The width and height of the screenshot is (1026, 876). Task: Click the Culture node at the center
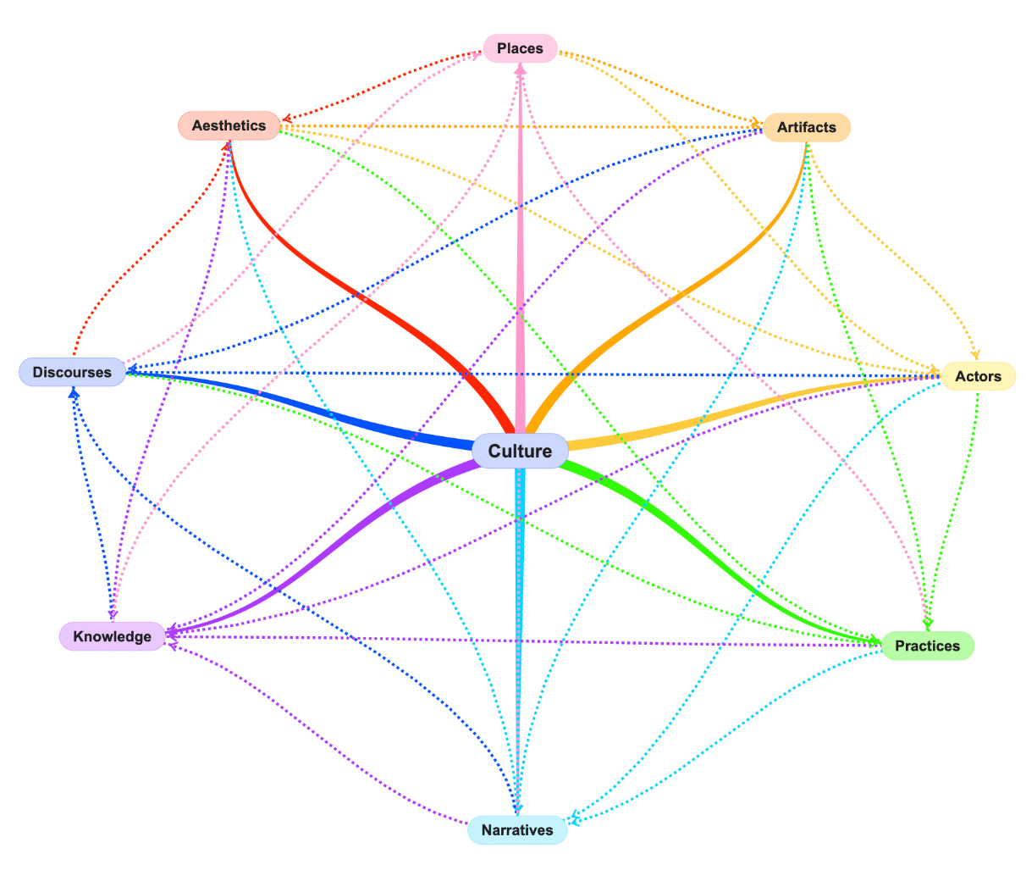pyautogui.click(x=520, y=451)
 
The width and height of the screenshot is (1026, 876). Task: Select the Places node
pyautogui.click(x=520, y=48)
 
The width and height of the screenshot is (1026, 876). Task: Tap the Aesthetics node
pyautogui.click(x=229, y=125)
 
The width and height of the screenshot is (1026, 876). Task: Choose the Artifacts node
pyautogui.click(x=806, y=127)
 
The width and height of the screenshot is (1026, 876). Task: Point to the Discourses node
pyautogui.click(x=72, y=372)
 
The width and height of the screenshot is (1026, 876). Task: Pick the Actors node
pyautogui.click(x=978, y=376)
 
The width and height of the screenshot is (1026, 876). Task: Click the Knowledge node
pyautogui.click(x=112, y=636)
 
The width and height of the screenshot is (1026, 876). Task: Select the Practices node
pyautogui.click(x=927, y=646)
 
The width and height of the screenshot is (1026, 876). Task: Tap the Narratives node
pyautogui.click(x=516, y=830)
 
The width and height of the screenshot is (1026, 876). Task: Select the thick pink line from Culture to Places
pyautogui.click(x=520, y=254)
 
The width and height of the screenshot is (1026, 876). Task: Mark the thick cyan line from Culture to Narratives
pyautogui.click(x=518, y=635)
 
